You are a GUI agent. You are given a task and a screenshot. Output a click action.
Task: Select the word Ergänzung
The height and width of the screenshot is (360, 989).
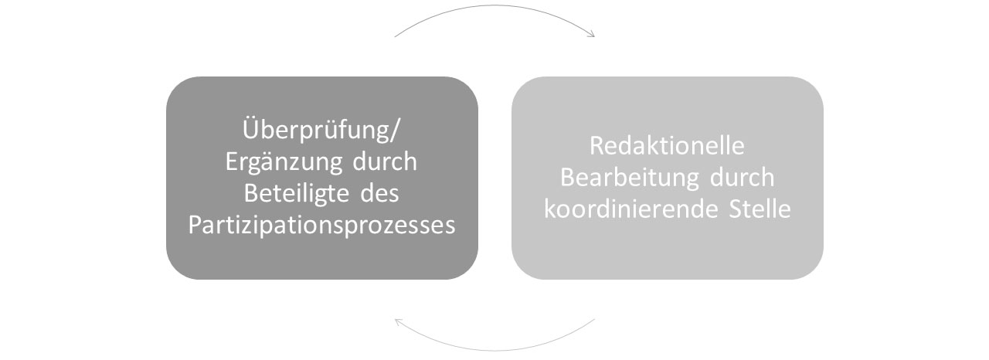click(x=284, y=162)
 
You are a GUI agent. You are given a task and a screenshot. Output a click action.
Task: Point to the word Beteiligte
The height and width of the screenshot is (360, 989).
click(x=297, y=194)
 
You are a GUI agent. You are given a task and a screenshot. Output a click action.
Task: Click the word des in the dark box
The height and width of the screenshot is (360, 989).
click(x=379, y=194)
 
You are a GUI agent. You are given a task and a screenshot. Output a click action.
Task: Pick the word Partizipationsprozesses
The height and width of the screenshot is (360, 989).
click(x=321, y=226)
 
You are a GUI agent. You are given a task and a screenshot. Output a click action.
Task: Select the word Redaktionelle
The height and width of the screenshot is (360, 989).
click(x=667, y=145)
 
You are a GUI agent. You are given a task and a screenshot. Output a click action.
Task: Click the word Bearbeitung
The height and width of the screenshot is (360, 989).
click(x=630, y=178)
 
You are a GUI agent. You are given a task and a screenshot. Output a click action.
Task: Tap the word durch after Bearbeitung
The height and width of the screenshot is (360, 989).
click(x=743, y=178)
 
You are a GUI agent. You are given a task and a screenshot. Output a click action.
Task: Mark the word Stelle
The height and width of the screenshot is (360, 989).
click(x=760, y=209)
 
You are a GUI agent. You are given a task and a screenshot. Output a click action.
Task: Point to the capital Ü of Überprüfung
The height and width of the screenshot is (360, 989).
click(x=250, y=128)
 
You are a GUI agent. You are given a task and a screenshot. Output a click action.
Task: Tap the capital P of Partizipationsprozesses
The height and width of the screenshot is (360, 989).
click(x=195, y=225)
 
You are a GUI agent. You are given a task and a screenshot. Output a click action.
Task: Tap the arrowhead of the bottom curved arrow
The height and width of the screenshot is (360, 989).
click(x=399, y=322)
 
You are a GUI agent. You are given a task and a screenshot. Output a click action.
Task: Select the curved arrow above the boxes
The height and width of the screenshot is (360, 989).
click(x=494, y=5)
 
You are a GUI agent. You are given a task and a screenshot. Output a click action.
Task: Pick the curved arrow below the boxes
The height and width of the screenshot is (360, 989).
click(x=494, y=350)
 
